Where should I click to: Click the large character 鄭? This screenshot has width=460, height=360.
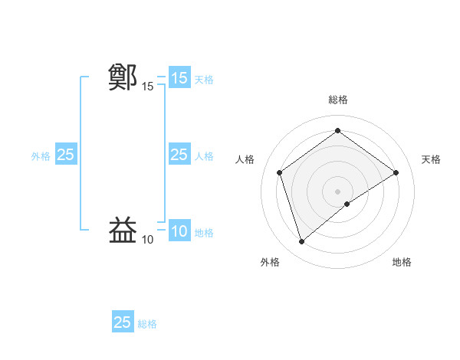click(x=123, y=77)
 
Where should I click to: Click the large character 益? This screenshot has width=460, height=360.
click(x=123, y=230)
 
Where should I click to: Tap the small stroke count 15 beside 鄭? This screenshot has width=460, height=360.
click(x=147, y=87)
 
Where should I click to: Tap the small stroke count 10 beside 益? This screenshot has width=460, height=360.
click(x=147, y=240)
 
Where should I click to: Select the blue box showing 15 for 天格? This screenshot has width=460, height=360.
click(x=179, y=78)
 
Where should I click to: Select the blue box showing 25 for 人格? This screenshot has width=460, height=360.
click(x=179, y=155)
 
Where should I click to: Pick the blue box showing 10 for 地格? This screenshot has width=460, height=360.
click(x=179, y=231)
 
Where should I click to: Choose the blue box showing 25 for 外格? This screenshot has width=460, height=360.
click(x=65, y=155)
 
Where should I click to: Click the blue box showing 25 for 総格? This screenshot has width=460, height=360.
click(x=123, y=322)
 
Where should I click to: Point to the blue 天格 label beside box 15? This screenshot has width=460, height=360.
click(x=204, y=79)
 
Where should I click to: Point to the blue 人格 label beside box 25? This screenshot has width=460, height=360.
click(x=204, y=155)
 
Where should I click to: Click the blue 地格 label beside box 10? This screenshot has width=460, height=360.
click(x=204, y=232)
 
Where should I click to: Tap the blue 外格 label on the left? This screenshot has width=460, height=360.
click(x=41, y=155)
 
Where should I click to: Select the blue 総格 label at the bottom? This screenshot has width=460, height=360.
click(x=147, y=323)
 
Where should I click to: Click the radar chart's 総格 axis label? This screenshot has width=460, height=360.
click(x=337, y=100)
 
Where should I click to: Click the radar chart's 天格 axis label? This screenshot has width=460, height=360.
click(x=431, y=159)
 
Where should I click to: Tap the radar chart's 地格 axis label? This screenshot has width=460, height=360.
click(x=402, y=262)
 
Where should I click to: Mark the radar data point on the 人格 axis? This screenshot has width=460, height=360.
click(x=280, y=172)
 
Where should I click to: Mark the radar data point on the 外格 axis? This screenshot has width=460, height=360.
click(x=301, y=242)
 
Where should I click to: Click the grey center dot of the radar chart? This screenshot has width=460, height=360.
click(x=337, y=191)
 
